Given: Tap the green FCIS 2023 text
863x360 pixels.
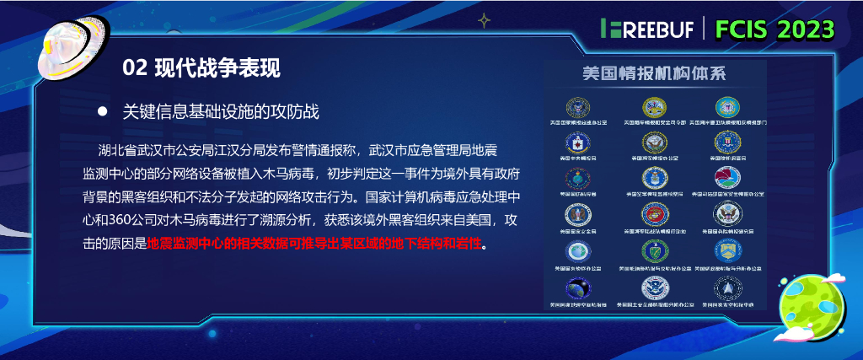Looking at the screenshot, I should [775, 29].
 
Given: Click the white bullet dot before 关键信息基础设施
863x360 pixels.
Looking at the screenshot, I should [103, 111].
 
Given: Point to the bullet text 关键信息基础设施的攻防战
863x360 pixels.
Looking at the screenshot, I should [221, 111].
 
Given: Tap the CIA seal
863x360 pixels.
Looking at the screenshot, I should [578, 142].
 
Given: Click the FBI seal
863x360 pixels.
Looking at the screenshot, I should [726, 142].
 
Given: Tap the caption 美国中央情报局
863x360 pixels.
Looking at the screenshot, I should [578, 158].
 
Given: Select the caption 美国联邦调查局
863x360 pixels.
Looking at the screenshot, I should [726, 158].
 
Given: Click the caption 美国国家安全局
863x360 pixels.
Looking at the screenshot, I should [578, 230].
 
